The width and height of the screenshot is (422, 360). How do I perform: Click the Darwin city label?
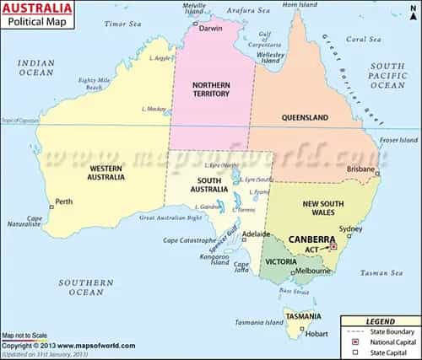(211, 28)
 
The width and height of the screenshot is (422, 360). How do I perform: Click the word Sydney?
(349, 228)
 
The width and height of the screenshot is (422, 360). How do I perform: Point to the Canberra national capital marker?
(333, 247)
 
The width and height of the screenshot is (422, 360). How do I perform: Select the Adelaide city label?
(256, 234)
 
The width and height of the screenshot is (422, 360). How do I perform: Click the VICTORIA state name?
(280, 261)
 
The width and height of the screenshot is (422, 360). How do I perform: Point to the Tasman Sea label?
(376, 272)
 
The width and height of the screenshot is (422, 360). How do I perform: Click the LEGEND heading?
(379, 321)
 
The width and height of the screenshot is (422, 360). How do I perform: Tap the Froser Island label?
(398, 139)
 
